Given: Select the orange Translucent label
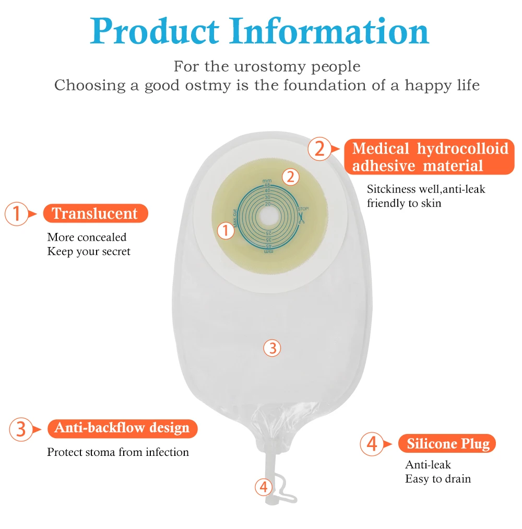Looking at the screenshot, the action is click(95, 214).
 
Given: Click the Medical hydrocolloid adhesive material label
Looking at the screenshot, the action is click(430, 157).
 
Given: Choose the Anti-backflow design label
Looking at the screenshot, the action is click(122, 428).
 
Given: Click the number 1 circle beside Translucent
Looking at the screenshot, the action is click(17, 214).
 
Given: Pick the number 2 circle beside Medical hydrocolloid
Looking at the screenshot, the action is click(319, 149).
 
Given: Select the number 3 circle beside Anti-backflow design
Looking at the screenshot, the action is click(21, 429).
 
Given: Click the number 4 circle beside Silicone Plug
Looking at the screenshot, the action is click(372, 444).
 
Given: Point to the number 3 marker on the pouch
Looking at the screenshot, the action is click(272, 347).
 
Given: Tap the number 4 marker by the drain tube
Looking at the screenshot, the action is click(264, 487).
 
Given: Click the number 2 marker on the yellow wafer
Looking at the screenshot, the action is click(291, 177).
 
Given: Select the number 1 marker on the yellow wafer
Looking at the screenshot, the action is click(226, 230).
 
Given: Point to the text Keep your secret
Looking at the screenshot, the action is click(89, 252).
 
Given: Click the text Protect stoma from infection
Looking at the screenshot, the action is click(118, 452).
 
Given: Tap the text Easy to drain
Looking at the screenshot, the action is click(437, 479).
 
